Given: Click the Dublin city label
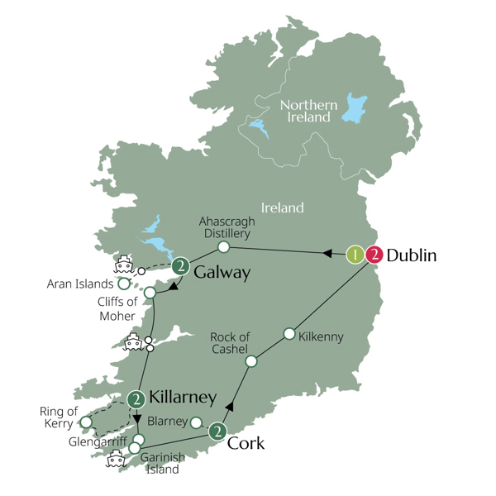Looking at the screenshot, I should [412, 255].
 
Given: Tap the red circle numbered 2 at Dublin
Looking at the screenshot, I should [374, 255].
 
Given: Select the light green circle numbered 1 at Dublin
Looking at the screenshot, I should [355, 255].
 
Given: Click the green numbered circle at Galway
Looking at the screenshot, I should [181, 267].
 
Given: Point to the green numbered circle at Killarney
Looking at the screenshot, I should [136, 398].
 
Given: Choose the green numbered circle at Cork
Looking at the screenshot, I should [217, 431].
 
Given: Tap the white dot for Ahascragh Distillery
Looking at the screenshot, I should [223, 246].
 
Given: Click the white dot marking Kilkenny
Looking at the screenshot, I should [289, 334].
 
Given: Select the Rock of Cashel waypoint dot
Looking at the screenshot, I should [253, 360].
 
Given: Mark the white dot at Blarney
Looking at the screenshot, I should [196, 422].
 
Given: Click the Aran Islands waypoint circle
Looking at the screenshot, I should [124, 284].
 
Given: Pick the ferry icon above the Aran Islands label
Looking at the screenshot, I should [124, 265].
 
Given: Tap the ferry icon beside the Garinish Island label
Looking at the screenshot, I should [115, 458].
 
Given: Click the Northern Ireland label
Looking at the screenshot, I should [308, 111].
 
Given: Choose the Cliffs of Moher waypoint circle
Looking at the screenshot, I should [150, 293].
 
